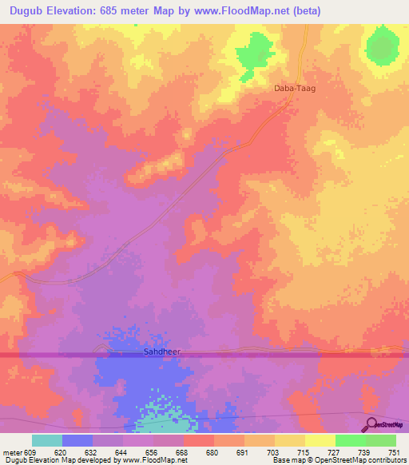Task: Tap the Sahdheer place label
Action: coord(153,351)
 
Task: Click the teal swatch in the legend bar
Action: coord(47,440)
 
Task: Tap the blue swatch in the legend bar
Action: coord(77,440)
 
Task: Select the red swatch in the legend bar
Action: coord(198,440)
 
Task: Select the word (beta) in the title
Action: coord(296,10)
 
